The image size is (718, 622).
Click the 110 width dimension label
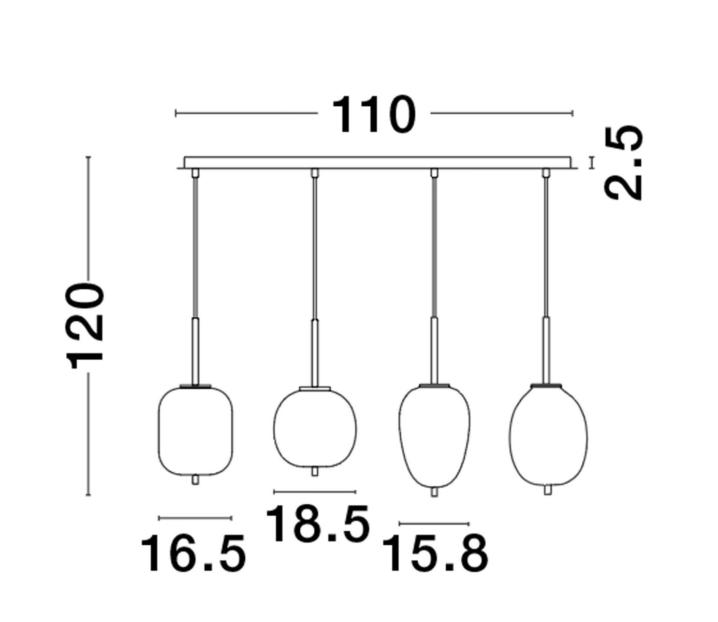374,114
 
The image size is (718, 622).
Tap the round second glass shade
315,429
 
